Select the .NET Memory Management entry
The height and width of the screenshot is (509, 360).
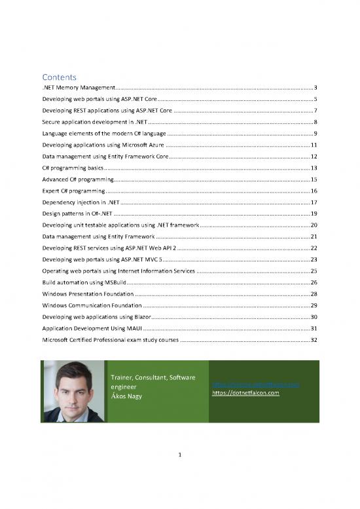pos(79,87)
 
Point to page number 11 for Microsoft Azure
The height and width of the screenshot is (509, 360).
pos(314,145)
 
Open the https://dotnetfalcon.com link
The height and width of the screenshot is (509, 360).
pos(245,393)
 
